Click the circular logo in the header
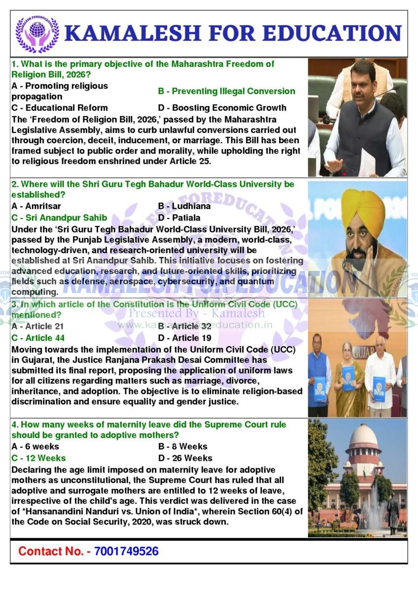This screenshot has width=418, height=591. coord(37,33)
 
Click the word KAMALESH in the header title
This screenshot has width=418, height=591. coord(132,33)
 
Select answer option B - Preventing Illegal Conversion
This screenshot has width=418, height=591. coord(226,91)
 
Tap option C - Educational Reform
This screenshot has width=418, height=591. coord(59,107)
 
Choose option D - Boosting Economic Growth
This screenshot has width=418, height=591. coord(222,107)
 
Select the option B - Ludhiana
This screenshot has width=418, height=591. coord(184,206)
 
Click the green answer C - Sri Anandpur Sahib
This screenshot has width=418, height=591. coord(59,218)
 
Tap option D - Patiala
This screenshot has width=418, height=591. coord(179,218)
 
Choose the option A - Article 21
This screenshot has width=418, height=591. coord(37,326)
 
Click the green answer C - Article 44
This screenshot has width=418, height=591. coord(38,338)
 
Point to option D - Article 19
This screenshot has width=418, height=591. coord(185,338)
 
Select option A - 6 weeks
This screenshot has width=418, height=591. coord(35,447)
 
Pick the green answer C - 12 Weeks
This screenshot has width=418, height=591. coord(38,459)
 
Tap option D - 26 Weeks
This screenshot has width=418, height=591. coord(185,459)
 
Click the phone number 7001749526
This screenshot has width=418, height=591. coord(126,551)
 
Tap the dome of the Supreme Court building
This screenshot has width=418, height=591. coord(363,436)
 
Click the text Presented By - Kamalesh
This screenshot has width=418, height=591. coord(197,313)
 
